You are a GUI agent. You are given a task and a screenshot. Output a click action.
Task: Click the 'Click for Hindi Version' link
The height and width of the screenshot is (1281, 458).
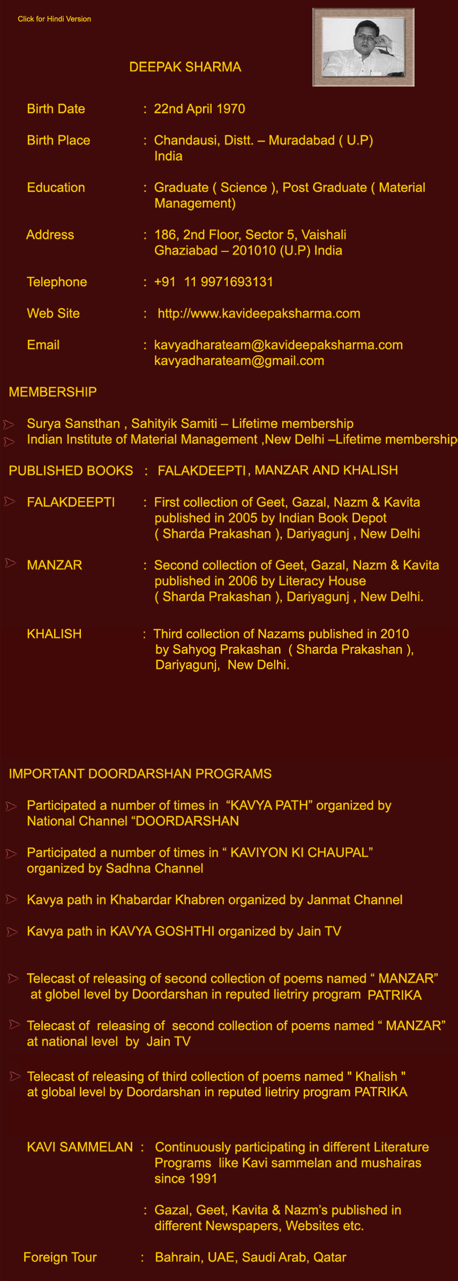click(x=54, y=19)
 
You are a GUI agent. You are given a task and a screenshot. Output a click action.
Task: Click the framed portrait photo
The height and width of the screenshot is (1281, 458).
click(x=363, y=47)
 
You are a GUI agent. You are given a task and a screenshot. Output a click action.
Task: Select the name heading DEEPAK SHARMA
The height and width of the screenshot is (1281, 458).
click(x=185, y=67)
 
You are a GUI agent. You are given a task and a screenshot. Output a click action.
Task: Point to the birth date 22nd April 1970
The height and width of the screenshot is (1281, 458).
click(x=199, y=109)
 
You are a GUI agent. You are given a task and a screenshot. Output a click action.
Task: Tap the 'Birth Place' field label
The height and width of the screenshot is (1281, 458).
click(x=58, y=140)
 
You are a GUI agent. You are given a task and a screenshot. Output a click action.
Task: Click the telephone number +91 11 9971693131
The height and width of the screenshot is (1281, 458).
click(x=213, y=282)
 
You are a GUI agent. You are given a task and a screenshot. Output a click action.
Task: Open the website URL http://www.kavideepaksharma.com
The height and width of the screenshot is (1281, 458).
click(x=258, y=314)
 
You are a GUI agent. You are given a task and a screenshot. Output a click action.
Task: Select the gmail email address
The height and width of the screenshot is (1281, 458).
click(x=239, y=361)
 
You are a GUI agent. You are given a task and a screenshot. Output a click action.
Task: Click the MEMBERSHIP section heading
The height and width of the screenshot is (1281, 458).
click(x=52, y=392)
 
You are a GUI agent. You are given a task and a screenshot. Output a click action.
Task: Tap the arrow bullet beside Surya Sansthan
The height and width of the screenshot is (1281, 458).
click(x=9, y=424)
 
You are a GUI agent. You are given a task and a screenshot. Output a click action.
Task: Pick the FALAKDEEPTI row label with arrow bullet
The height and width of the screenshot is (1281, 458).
click(x=71, y=502)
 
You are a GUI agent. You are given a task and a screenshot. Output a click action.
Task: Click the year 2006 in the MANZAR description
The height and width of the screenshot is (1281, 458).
click(x=242, y=581)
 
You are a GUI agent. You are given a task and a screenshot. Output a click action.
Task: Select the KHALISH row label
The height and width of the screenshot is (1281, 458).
click(x=54, y=634)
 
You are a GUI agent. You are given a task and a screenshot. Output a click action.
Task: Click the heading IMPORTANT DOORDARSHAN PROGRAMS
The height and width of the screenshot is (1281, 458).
click(x=140, y=774)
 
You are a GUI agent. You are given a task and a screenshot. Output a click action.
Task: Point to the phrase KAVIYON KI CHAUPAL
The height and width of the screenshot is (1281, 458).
click(x=299, y=852)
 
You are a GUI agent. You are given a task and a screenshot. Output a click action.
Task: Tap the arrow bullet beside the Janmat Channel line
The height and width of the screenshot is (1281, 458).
click(x=11, y=899)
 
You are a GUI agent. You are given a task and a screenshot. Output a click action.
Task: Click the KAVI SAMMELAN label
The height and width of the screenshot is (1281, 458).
click(x=80, y=1147)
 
